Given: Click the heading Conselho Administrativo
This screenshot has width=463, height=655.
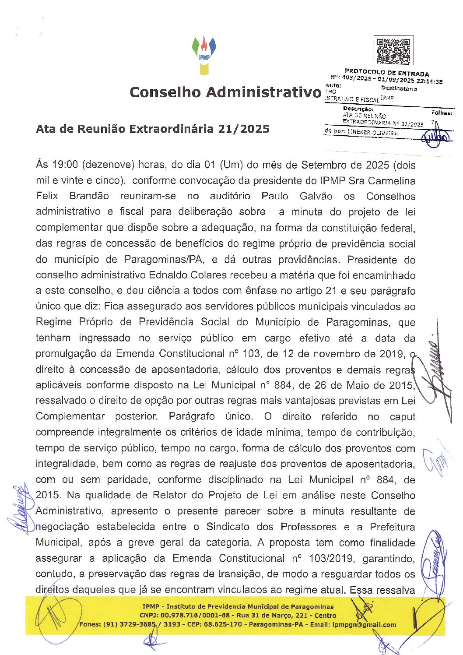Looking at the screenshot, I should click(225, 92).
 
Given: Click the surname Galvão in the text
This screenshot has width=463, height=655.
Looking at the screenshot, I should click(316, 196).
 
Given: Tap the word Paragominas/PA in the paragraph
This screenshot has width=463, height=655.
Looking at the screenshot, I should click(164, 259).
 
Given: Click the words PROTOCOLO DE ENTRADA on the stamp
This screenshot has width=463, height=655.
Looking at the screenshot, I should click(387, 72).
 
